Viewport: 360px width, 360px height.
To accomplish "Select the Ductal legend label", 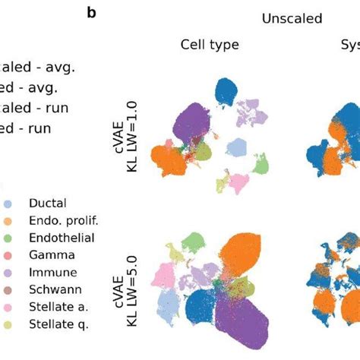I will [46, 204].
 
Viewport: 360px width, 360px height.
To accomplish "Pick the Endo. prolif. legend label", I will [64, 221].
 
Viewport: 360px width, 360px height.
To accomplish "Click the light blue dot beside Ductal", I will [7, 204].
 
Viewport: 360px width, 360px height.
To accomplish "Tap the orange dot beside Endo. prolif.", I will [7, 221].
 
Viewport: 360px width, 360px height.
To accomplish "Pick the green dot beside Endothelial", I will [7, 238].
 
